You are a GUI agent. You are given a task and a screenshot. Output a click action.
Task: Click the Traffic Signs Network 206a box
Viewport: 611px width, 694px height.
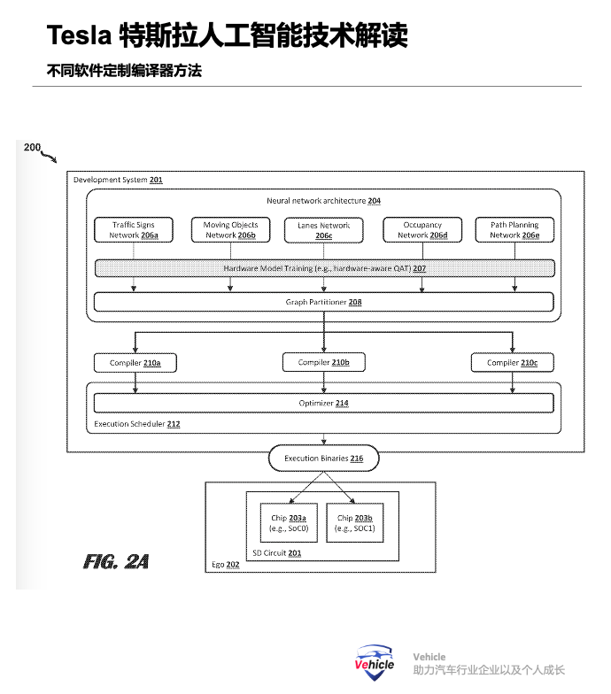tap(134, 230)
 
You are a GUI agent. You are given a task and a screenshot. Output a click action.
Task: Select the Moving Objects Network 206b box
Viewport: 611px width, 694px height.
tap(230, 230)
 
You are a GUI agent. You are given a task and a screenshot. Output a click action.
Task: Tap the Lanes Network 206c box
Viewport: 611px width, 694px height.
tap(323, 230)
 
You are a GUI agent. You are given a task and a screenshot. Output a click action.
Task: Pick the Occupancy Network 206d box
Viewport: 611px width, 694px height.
tap(422, 230)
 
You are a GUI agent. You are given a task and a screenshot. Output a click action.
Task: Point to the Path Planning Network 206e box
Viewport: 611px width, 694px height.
tap(514, 230)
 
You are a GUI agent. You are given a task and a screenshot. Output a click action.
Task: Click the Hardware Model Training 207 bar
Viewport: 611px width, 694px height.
tap(324, 267)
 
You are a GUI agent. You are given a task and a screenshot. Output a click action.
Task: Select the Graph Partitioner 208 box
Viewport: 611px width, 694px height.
tap(324, 303)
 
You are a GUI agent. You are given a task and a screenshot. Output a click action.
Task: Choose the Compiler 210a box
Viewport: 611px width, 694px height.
tap(134, 363)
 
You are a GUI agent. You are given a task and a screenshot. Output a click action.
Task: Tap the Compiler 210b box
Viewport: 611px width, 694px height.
tap(323, 362)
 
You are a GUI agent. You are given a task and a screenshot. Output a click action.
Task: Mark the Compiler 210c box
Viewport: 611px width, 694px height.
tap(513, 363)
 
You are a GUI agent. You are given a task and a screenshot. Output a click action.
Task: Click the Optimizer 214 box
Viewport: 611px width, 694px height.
tap(324, 404)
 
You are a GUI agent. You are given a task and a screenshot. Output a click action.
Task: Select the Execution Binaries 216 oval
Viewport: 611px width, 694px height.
tap(323, 459)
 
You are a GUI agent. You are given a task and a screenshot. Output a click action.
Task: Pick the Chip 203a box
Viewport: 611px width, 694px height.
tap(289, 522)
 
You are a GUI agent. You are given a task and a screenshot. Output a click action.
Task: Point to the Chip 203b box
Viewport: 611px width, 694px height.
tap(355, 522)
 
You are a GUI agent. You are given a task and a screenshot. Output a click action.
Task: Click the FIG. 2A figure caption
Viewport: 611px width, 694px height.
tap(116, 561)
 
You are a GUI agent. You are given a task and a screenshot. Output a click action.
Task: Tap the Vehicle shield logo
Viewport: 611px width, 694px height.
tap(375, 663)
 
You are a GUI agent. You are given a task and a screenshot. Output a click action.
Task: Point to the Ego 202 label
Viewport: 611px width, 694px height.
tap(225, 564)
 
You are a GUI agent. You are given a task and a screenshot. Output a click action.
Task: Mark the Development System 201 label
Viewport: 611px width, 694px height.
tap(118, 180)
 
